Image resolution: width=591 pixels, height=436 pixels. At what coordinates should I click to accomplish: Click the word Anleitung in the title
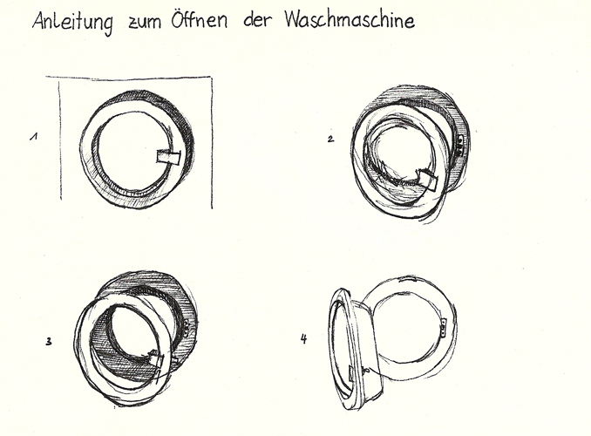point(72,22)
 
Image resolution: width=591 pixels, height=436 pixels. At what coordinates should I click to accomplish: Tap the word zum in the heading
point(145,23)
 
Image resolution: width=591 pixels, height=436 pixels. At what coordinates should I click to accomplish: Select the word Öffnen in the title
point(200,18)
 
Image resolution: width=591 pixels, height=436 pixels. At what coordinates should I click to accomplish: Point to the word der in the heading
point(257,19)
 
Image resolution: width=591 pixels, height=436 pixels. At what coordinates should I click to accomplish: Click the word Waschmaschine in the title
point(350,19)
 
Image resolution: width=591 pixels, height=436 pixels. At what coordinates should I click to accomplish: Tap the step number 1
point(34,136)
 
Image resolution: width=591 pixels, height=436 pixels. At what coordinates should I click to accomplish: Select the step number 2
point(330,140)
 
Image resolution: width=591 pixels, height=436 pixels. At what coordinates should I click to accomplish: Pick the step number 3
point(49,342)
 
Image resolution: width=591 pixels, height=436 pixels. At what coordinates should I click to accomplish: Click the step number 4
point(304,338)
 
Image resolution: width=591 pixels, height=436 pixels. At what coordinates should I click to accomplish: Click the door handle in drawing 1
point(168,157)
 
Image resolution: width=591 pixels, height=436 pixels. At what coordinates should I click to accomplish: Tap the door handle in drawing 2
point(426,180)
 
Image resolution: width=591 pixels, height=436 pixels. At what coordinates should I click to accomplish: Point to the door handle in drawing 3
point(157,358)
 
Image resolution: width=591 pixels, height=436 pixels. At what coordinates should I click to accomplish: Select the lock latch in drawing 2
point(460,146)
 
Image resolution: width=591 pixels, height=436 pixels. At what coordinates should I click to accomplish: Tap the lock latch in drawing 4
point(443,327)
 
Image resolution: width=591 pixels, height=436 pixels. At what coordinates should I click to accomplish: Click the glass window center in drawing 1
point(130,150)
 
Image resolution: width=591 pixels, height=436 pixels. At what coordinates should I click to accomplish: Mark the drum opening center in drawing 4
point(408,327)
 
